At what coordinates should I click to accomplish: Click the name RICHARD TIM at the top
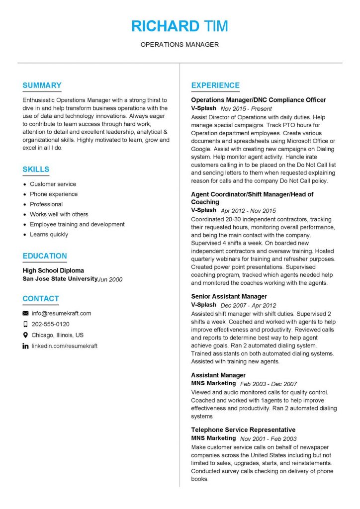coord(180,26)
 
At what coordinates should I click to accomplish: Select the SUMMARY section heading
coord(42,85)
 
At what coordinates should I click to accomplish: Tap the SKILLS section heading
coord(36,170)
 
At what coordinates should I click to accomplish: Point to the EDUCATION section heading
coord(45,256)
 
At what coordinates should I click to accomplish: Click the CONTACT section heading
coord(41,299)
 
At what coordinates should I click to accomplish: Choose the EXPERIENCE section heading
coord(215,85)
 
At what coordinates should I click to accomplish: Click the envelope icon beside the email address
coord(25,314)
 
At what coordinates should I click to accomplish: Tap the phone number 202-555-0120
coord(51,324)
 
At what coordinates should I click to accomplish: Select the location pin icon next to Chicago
coord(25,335)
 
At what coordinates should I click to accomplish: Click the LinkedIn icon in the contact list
coord(25,346)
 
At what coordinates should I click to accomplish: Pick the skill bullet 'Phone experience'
coord(54,194)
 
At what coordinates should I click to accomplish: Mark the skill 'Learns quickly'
coord(49,235)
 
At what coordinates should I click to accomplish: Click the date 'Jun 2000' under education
coord(110,279)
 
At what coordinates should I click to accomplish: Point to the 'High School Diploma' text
coord(53,271)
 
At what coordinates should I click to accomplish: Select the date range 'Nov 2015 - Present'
coord(246,108)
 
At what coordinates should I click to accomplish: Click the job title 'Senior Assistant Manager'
coord(229,297)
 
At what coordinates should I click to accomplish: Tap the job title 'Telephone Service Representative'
coord(243,430)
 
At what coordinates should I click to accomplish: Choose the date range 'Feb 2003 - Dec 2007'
coord(269,384)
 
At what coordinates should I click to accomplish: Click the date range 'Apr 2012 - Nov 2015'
coord(248,211)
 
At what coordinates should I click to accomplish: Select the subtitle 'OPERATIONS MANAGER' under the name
coord(180,45)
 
